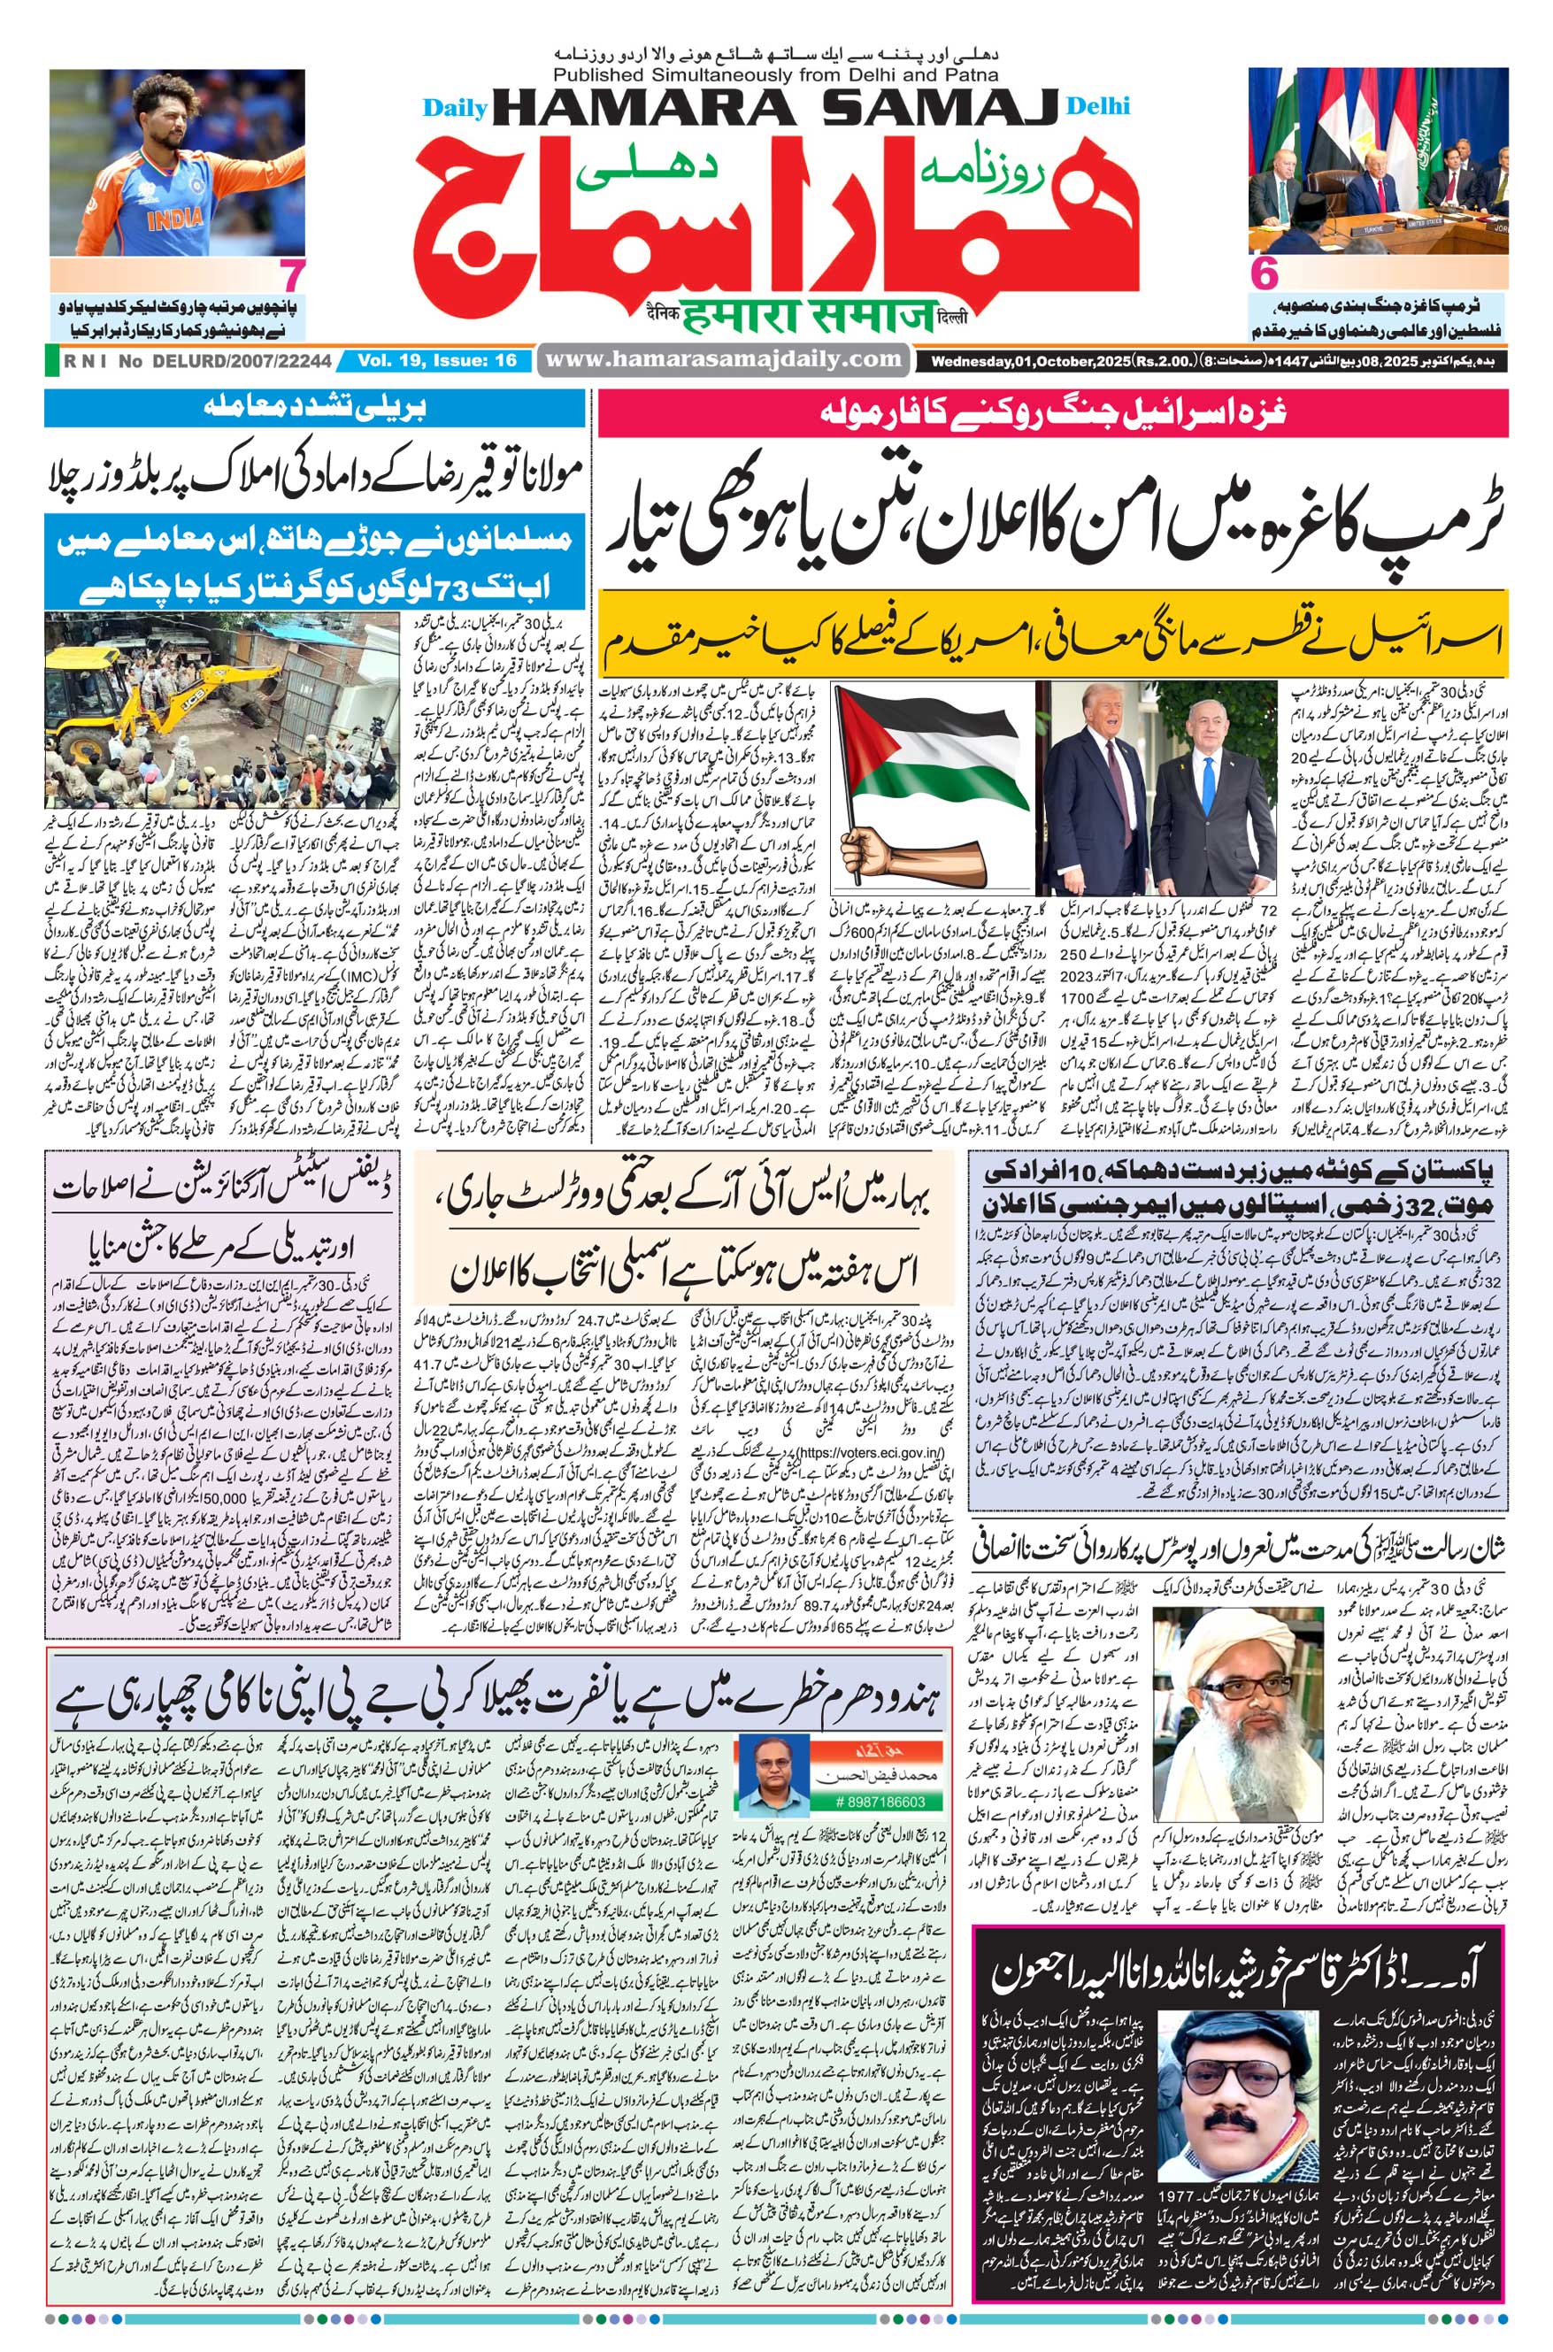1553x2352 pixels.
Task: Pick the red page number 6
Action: pyautogui.click(x=1264, y=274)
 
